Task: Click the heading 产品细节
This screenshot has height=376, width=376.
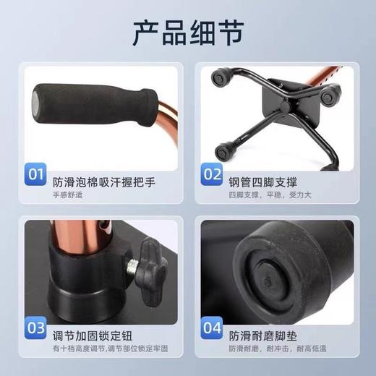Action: tap(187, 32)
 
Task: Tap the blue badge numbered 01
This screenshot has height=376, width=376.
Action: tap(36, 174)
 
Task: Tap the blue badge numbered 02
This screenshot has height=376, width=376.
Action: tap(211, 174)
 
